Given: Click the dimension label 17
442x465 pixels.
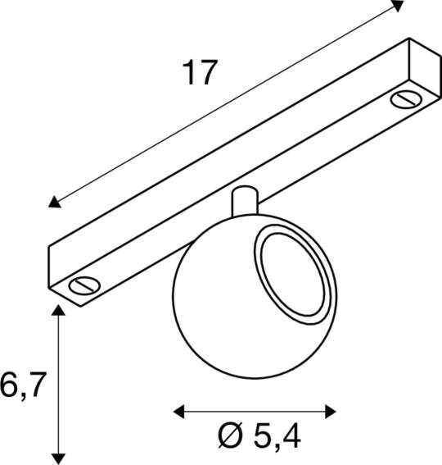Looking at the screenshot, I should (x=200, y=72).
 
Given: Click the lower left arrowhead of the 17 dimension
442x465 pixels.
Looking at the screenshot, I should (x=55, y=202).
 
